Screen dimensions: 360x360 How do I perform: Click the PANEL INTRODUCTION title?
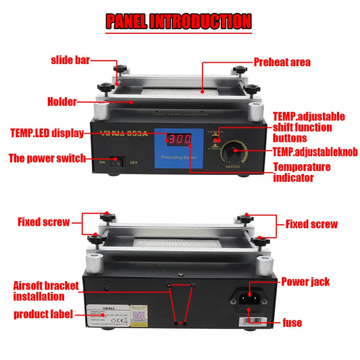pyautogui.click(x=179, y=22)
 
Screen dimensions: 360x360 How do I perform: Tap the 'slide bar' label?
pyautogui.click(x=70, y=61)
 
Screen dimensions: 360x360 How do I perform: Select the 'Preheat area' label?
pyautogui.click(x=282, y=62)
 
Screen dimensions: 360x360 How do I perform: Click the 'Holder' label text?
pyautogui.click(x=61, y=102)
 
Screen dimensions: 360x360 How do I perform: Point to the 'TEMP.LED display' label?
pyautogui.click(x=47, y=133)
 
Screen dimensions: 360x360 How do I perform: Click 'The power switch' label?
pyautogui.click(x=47, y=159)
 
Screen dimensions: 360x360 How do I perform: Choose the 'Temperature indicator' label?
pyautogui.click(x=302, y=172)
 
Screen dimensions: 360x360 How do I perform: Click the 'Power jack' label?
pyautogui.click(x=305, y=281)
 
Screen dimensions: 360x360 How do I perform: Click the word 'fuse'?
pyautogui.click(x=292, y=323)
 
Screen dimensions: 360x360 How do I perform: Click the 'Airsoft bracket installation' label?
pyautogui.click(x=47, y=290)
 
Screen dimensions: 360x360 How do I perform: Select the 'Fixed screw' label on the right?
pyautogui.click(x=311, y=224)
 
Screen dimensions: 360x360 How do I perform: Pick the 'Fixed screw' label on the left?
pyautogui.click(x=43, y=221)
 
